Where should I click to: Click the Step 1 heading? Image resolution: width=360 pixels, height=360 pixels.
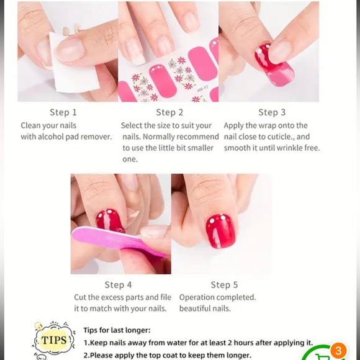tap(63, 112)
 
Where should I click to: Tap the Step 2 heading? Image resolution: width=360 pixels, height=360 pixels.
tap(169, 112)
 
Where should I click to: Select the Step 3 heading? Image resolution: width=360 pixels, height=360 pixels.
tap(272, 112)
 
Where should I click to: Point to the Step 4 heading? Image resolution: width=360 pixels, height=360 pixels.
tap(118, 285)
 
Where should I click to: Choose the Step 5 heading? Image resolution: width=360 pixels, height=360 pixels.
tap(224, 285)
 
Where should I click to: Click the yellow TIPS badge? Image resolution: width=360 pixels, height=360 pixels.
tap(54, 340)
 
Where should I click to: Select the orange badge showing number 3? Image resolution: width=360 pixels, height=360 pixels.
tap(338, 351)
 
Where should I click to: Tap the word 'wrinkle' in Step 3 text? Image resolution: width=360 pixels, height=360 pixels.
tap(286, 148)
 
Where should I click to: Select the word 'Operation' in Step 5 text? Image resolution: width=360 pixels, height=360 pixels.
tap(199, 297)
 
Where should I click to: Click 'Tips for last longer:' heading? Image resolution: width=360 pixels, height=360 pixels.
tap(117, 330)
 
